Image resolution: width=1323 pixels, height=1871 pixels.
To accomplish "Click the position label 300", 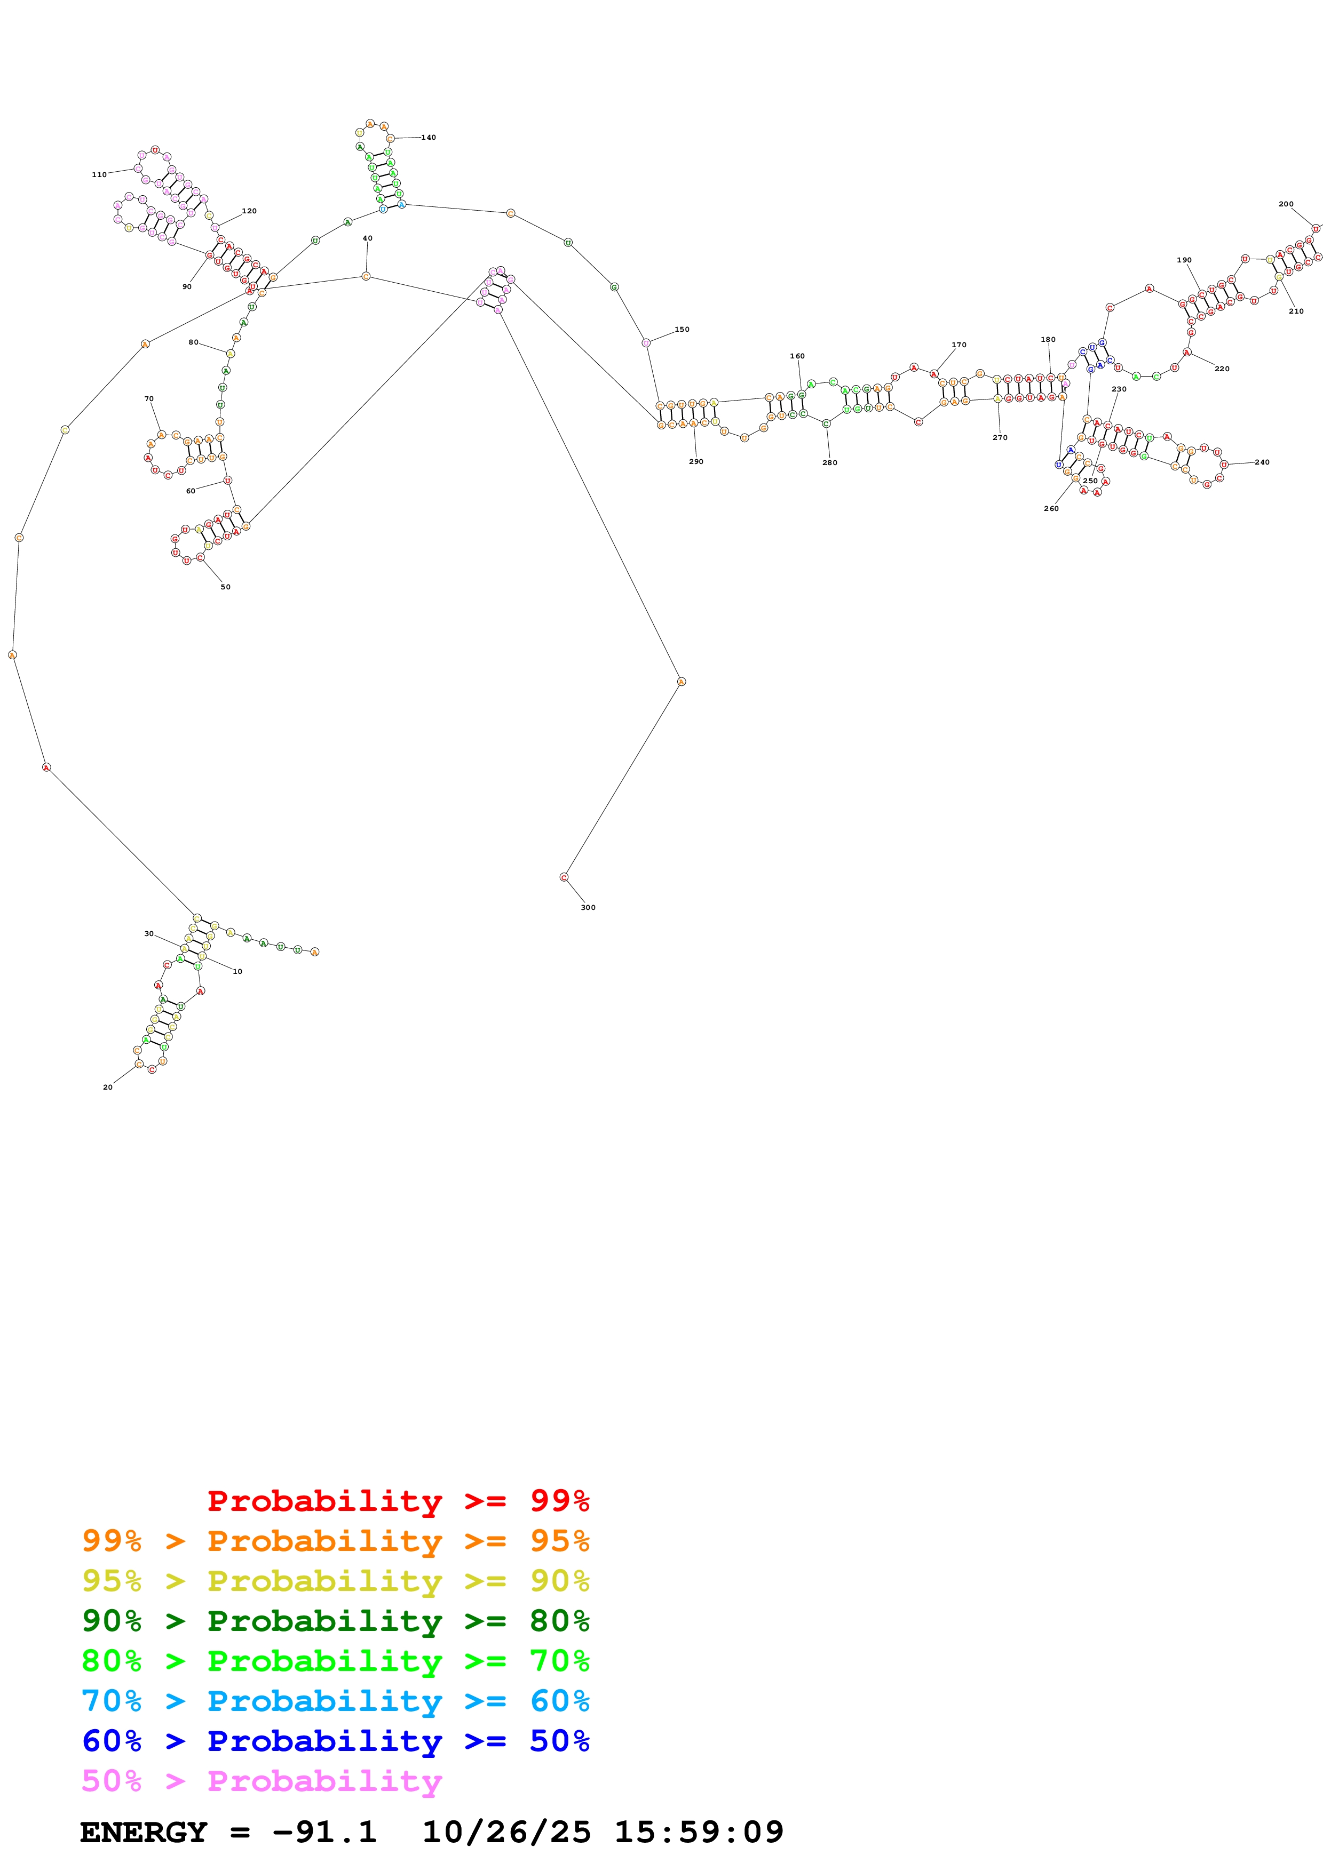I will [x=588, y=907].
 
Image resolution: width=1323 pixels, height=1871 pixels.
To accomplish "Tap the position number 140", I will [x=428, y=138].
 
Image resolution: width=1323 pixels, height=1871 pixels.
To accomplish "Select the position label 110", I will [x=99, y=174].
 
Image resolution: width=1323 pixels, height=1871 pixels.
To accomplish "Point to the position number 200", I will [x=1286, y=204].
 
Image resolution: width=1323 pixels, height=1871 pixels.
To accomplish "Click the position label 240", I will [x=1262, y=462].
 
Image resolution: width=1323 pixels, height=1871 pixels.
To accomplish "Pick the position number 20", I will [x=108, y=1087].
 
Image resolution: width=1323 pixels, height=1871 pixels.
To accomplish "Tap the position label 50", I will [x=225, y=587].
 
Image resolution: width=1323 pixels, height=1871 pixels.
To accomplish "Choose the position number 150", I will [x=682, y=329].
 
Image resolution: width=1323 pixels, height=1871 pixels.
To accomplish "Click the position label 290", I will [x=695, y=461].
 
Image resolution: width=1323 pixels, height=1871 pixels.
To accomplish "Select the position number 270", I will [x=1000, y=437].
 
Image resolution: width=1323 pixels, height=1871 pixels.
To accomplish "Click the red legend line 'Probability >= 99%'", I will [x=398, y=1501].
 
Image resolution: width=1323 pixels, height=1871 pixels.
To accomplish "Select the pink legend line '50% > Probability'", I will [x=261, y=1780].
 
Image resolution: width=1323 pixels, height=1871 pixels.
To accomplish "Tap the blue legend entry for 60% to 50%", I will [x=335, y=1741].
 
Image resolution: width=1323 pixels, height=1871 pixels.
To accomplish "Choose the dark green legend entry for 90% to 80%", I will [x=335, y=1621].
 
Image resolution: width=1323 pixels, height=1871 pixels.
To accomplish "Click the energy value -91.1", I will [x=324, y=1832].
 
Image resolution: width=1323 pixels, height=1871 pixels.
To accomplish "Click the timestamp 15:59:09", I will [x=699, y=1832].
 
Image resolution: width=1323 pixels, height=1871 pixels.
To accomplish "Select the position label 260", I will [x=1051, y=508].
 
